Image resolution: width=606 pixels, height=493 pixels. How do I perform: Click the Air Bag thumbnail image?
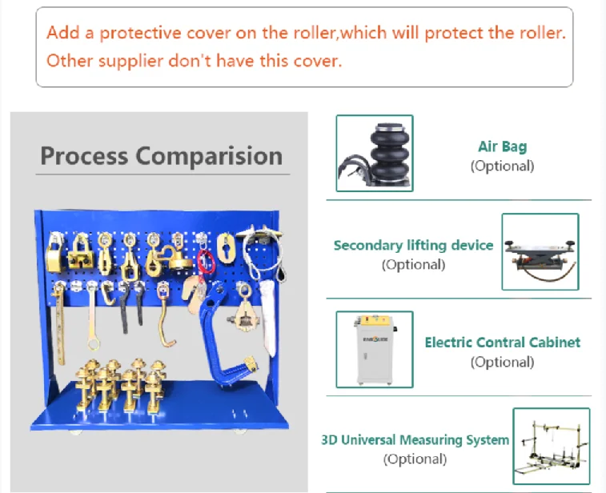click(x=375, y=153)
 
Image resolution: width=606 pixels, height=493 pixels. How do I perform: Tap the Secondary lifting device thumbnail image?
click(x=540, y=251)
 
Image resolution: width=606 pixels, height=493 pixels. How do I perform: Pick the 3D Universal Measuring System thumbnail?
click(x=551, y=447)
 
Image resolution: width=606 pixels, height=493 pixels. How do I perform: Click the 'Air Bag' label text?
click(x=502, y=146)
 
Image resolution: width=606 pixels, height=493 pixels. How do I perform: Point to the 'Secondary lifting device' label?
click(x=413, y=246)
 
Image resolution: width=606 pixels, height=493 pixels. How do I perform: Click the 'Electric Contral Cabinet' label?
click(x=502, y=343)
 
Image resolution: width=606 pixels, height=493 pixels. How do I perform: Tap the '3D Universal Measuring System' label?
click(x=415, y=440)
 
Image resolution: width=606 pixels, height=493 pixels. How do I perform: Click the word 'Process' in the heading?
click(x=83, y=155)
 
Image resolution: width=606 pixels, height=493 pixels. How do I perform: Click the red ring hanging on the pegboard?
click(x=207, y=261)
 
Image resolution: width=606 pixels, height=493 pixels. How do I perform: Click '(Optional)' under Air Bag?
click(x=502, y=166)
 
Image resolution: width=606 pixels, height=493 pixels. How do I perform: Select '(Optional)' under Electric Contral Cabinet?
click(x=502, y=363)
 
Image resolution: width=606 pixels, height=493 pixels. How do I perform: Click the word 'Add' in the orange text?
click(x=62, y=34)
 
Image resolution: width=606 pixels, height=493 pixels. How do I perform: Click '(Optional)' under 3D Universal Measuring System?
click(x=415, y=459)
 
